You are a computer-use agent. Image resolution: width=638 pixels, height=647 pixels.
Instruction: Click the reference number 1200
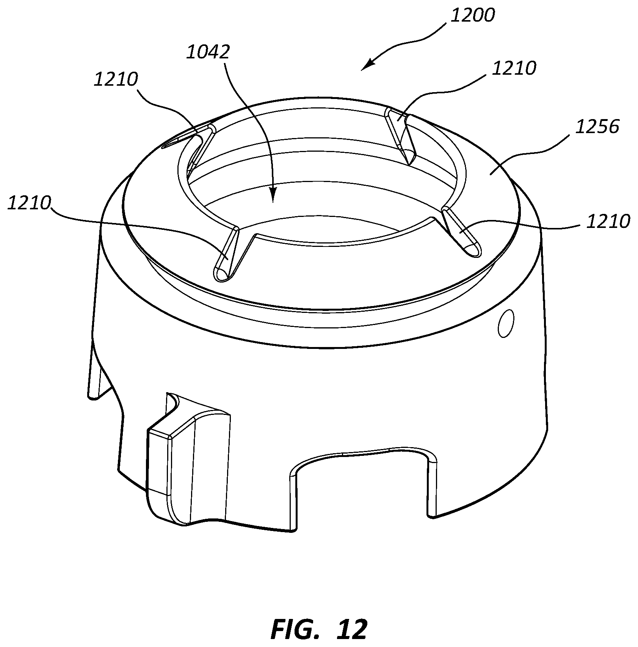[x=472, y=16]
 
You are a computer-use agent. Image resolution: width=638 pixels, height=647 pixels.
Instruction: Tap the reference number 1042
[x=208, y=52]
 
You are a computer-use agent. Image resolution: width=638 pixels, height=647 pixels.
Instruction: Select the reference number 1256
[x=597, y=127]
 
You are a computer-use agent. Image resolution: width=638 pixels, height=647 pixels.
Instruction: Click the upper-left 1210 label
[x=116, y=80]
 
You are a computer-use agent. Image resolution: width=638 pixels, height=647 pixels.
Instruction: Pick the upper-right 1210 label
[x=514, y=68]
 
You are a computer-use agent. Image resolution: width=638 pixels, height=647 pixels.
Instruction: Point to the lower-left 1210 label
[x=29, y=203]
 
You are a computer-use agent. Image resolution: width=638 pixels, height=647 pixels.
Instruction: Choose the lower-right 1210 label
[x=608, y=221]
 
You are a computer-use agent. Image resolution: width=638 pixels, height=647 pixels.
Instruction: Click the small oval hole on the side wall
[x=505, y=323]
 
